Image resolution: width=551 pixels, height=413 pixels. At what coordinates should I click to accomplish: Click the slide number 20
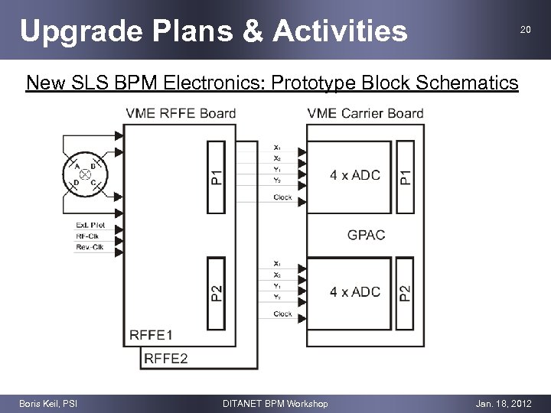tap(525, 30)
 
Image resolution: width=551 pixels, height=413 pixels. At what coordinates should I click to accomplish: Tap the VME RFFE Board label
tap(181, 114)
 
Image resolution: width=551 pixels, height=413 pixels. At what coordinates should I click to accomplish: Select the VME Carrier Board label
tap(365, 114)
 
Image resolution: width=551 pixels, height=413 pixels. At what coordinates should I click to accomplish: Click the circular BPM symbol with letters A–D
tap(85, 175)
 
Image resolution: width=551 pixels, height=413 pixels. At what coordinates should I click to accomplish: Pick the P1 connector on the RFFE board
tap(217, 177)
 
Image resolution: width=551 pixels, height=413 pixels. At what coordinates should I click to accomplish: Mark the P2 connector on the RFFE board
tap(217, 292)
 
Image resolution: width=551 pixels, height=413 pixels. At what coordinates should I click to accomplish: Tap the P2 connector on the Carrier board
tap(405, 292)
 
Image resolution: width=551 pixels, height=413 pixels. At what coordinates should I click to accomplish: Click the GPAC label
tap(366, 234)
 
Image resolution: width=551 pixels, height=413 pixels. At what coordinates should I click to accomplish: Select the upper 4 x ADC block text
tap(354, 176)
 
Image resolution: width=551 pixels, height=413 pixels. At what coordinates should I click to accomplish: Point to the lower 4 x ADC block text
tap(354, 292)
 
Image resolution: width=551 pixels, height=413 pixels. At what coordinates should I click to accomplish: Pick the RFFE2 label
tap(166, 357)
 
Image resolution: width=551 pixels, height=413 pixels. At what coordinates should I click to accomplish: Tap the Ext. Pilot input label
tap(90, 225)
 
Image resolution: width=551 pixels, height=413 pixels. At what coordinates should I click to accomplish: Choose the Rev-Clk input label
tap(90, 246)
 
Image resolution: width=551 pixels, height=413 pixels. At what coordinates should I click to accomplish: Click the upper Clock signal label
tap(282, 197)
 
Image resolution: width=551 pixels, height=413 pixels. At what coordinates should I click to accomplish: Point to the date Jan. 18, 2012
tap(503, 403)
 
